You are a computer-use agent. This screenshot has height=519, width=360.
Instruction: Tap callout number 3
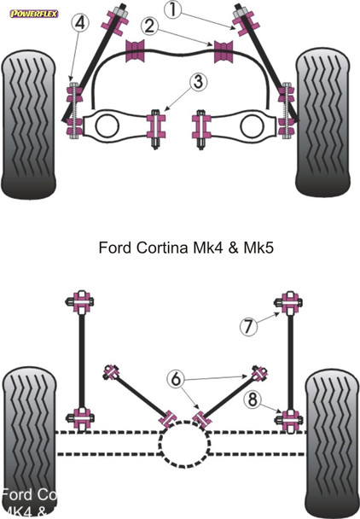[198, 83]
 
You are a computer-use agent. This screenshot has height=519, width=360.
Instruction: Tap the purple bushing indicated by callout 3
[156, 126]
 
